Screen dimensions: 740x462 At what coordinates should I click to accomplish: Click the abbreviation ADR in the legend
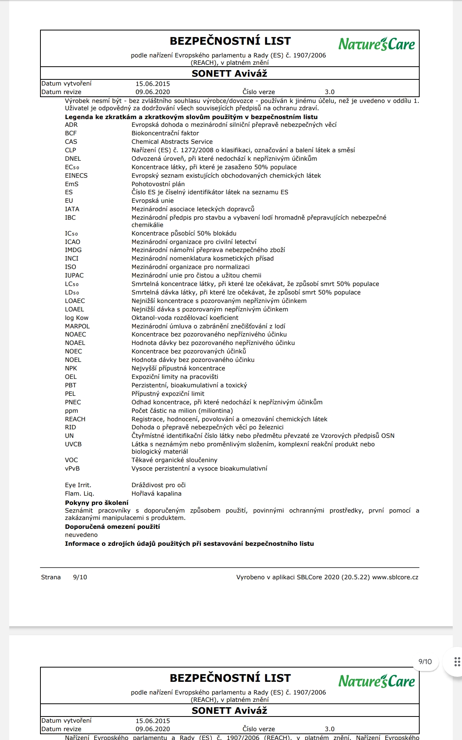pyautogui.click(x=71, y=125)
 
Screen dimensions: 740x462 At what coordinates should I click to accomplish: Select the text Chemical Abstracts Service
pyautogui.click(x=172, y=142)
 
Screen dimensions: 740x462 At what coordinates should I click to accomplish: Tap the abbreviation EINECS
pyautogui.click(x=76, y=176)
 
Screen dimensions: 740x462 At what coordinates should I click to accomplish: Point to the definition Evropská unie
pyautogui.click(x=152, y=201)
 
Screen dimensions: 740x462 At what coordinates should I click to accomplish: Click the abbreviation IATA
pyautogui.click(x=72, y=209)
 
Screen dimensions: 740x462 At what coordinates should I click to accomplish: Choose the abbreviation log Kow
pyautogui.click(x=77, y=318)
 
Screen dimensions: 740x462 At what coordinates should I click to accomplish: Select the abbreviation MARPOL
pyautogui.click(x=77, y=326)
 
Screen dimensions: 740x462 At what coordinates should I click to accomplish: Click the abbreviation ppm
pyautogui.click(x=71, y=411)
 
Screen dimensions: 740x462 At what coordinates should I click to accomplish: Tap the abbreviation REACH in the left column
pyautogui.click(x=75, y=419)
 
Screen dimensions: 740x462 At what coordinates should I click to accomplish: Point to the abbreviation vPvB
pyautogui.click(x=72, y=469)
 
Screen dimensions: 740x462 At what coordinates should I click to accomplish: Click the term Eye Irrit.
pyautogui.click(x=78, y=485)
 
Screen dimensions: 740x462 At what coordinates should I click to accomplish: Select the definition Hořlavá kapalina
pyautogui.click(x=156, y=494)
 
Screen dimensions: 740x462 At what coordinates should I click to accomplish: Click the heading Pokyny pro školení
pyautogui.click(x=97, y=503)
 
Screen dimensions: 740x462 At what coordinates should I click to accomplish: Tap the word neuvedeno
pyautogui.click(x=81, y=535)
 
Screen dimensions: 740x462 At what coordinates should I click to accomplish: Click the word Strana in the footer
pyautogui.click(x=51, y=577)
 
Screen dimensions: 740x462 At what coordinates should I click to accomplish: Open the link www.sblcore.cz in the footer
pyautogui.click(x=395, y=577)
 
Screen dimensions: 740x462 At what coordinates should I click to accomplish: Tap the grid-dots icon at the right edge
pyautogui.click(x=457, y=662)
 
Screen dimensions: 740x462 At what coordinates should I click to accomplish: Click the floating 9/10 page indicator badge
pyautogui.click(x=425, y=662)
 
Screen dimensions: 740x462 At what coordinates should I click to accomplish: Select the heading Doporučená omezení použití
pyautogui.click(x=112, y=527)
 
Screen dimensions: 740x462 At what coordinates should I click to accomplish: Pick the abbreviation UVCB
pyautogui.click(x=73, y=444)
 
